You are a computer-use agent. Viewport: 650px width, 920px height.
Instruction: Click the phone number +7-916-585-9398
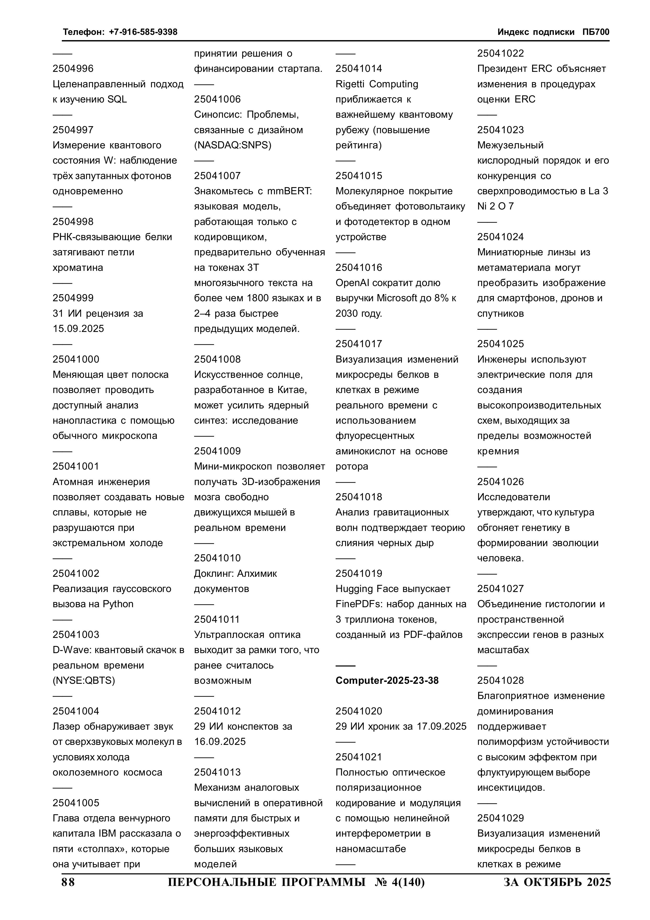(x=143, y=32)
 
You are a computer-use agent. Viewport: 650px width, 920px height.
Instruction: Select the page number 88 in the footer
(x=68, y=882)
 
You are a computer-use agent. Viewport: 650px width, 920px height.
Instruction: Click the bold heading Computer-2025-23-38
(x=387, y=680)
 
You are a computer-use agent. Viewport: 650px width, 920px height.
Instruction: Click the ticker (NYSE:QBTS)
(x=84, y=680)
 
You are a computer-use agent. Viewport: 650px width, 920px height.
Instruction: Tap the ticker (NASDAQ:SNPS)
(x=233, y=145)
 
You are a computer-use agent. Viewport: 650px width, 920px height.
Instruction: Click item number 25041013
(x=217, y=772)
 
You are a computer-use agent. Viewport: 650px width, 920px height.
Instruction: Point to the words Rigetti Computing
(x=376, y=84)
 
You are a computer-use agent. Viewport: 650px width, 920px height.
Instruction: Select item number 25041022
(x=500, y=53)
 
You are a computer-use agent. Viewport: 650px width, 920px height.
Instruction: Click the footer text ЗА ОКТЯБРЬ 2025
(x=557, y=882)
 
